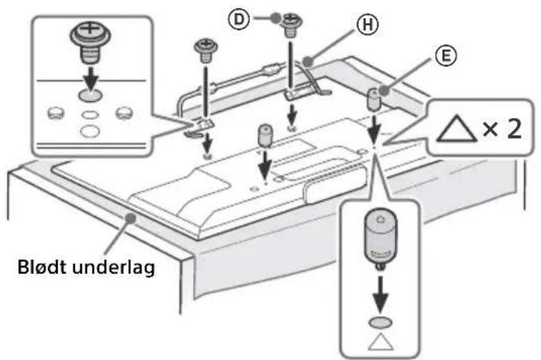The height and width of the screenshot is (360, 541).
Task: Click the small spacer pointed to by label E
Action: pos(372,98)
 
